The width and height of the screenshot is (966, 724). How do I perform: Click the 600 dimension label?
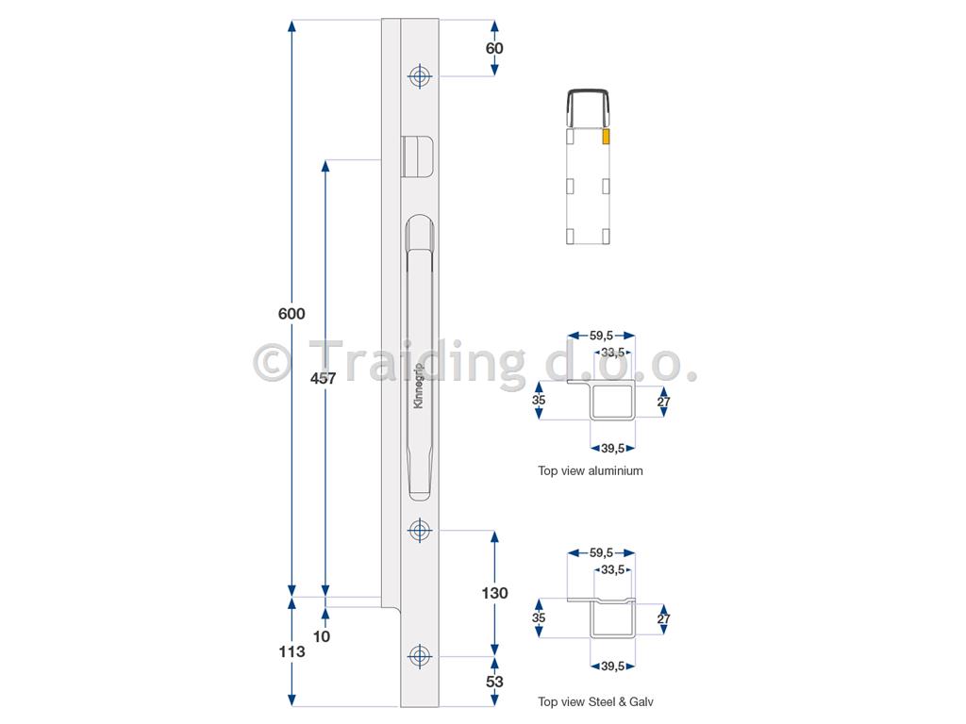coord(291,314)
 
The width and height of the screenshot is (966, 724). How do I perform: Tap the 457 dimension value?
coord(324,378)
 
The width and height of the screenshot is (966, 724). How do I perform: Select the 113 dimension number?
coord(291,651)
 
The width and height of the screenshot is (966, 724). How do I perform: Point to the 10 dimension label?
coord(322,636)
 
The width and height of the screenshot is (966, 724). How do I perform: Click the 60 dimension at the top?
coord(494,48)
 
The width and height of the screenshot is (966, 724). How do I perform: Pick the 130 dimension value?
coord(494,593)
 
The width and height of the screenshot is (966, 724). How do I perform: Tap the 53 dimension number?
coord(494,682)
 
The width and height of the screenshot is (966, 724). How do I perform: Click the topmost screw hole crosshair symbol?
coord(420,76)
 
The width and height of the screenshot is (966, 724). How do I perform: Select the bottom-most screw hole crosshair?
coord(420,656)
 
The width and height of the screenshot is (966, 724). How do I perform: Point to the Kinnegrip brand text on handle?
coord(419,386)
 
